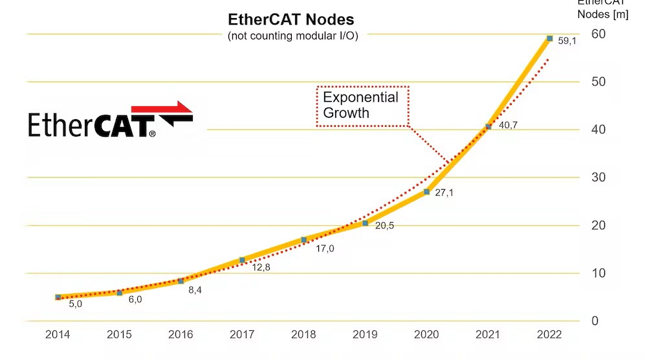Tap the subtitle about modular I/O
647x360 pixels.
click(x=292, y=36)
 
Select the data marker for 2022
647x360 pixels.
click(x=549, y=39)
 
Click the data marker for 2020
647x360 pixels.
click(x=426, y=192)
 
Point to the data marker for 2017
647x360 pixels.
click(x=242, y=260)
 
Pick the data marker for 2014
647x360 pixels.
click(x=58, y=297)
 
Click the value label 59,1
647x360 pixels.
click(x=567, y=41)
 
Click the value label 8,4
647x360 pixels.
click(x=195, y=290)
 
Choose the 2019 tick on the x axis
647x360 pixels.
click(x=365, y=335)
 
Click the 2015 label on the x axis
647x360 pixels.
click(x=119, y=335)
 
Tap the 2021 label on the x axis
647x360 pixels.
click(x=488, y=335)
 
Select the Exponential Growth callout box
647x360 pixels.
click(x=362, y=106)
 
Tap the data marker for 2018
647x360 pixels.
click(x=303, y=240)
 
